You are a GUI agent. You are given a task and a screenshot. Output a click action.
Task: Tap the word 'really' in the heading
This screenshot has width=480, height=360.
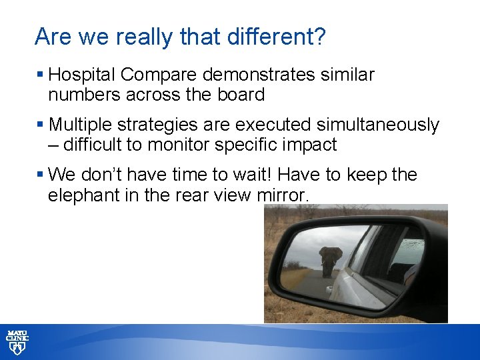coord(139,37)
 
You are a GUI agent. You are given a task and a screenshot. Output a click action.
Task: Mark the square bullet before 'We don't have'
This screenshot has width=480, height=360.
coord(41,175)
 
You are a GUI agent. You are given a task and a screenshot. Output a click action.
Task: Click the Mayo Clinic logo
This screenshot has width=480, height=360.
coord(17,342)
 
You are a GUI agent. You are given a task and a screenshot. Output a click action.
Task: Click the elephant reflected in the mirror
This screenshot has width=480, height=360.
coord(331,260)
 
